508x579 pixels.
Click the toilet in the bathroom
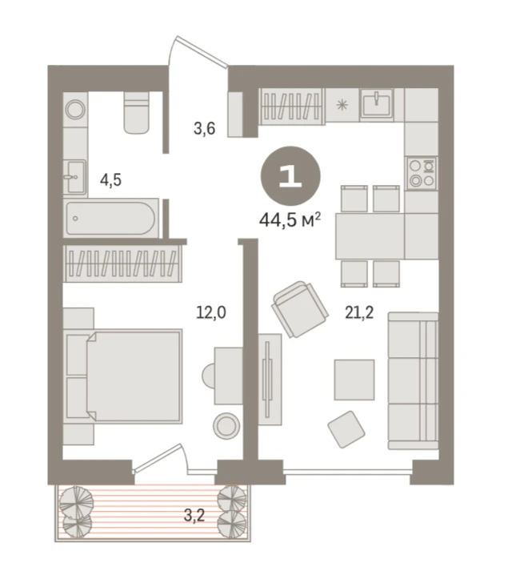(x=137, y=112)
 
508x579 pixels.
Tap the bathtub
(x=111, y=218)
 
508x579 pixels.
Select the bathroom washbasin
(x=75, y=177)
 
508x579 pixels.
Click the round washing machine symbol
(x=76, y=109)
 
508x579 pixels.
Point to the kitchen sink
(x=376, y=103)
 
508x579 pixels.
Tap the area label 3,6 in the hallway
(x=204, y=128)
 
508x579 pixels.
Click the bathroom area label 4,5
(x=110, y=180)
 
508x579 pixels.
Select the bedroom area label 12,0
(x=211, y=313)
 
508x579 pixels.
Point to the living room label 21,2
(x=359, y=313)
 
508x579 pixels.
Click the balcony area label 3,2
(x=194, y=516)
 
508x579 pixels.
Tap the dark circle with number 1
(x=290, y=176)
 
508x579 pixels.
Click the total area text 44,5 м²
(x=290, y=220)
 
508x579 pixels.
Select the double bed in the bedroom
(x=123, y=376)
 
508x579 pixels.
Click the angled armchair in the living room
(x=300, y=309)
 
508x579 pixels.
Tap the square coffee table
(x=354, y=380)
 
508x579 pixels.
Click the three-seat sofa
(x=413, y=380)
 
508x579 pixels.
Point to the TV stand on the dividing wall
(x=270, y=380)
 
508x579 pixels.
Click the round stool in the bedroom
(x=226, y=426)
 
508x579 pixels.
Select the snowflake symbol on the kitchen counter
(x=342, y=105)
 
